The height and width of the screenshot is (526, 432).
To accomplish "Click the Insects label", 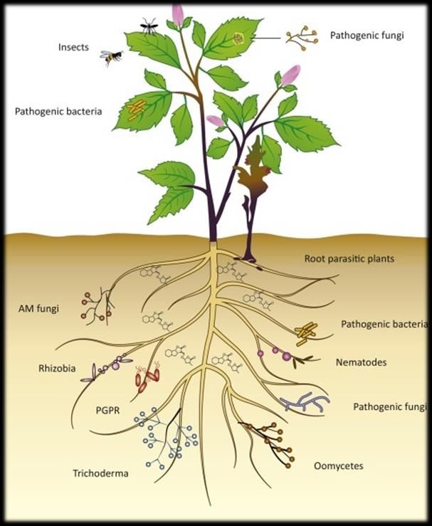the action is point(73,47).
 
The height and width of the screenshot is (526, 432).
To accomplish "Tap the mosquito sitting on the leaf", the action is point(149,26).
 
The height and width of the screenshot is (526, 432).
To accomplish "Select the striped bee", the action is point(111,58).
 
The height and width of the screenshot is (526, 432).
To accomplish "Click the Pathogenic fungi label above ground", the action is point(367,36).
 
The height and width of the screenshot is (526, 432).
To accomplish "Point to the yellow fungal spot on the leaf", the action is point(238,38).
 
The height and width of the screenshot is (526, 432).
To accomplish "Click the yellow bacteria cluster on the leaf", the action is point(136,110).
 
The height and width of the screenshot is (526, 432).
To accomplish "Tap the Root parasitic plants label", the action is point(349,258).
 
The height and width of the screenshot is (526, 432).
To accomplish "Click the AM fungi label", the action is point(38,308).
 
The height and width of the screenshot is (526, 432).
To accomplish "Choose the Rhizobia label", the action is point(57,368).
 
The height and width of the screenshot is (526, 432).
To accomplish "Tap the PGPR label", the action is point(107,410).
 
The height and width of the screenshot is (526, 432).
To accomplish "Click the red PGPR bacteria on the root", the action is point(147,377).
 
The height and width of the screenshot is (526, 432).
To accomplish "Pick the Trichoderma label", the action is point(100,473).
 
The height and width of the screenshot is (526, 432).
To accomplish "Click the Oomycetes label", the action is point(339,466).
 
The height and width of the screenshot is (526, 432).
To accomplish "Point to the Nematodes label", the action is point(362,362).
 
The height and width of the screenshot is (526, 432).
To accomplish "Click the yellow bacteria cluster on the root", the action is point(306,333).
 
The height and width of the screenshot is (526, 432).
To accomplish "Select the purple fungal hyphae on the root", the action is point(305,402).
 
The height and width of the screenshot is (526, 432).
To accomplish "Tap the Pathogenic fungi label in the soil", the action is point(390,407).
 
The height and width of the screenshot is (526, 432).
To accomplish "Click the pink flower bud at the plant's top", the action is point(177,15).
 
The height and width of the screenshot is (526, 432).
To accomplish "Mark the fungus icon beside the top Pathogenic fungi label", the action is point(302,38).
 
